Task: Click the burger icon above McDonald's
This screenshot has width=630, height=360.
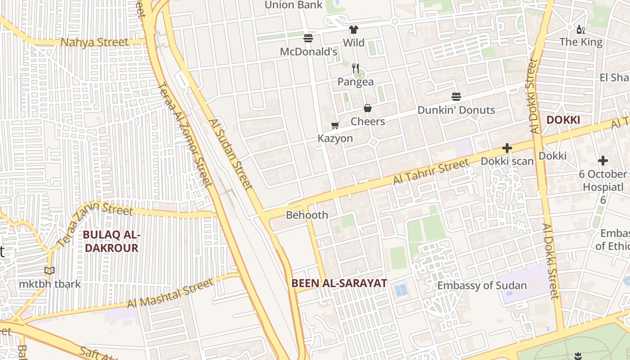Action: pyautogui.click(x=308, y=38)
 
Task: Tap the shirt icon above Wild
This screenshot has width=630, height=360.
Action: pyautogui.click(x=354, y=30)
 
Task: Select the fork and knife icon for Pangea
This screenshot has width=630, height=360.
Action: pyautogui.click(x=355, y=68)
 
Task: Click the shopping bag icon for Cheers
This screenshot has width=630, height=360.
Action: pyautogui.click(x=368, y=108)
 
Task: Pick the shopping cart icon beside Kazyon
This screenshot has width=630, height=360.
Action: pyautogui.click(x=335, y=125)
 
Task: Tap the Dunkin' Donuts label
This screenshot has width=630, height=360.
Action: pyautogui.click(x=456, y=110)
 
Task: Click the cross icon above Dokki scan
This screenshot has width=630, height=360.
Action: pyautogui.click(x=507, y=148)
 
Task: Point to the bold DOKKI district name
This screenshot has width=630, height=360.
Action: pyautogui.click(x=562, y=120)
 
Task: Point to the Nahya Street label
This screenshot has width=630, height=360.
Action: pyautogui.click(x=94, y=43)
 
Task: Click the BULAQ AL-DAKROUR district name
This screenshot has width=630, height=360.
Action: pyautogui.click(x=112, y=242)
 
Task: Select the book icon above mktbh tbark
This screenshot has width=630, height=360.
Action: pyautogui.click(x=49, y=270)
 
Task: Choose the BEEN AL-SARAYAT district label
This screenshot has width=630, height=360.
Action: pyautogui.click(x=339, y=283)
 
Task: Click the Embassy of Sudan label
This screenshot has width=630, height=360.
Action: pyautogui.click(x=482, y=286)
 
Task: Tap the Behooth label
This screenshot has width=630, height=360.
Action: pyautogui.click(x=307, y=215)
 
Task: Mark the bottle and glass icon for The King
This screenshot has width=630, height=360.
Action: pyautogui.click(x=581, y=30)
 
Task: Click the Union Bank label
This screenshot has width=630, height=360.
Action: pyautogui.click(x=293, y=5)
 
